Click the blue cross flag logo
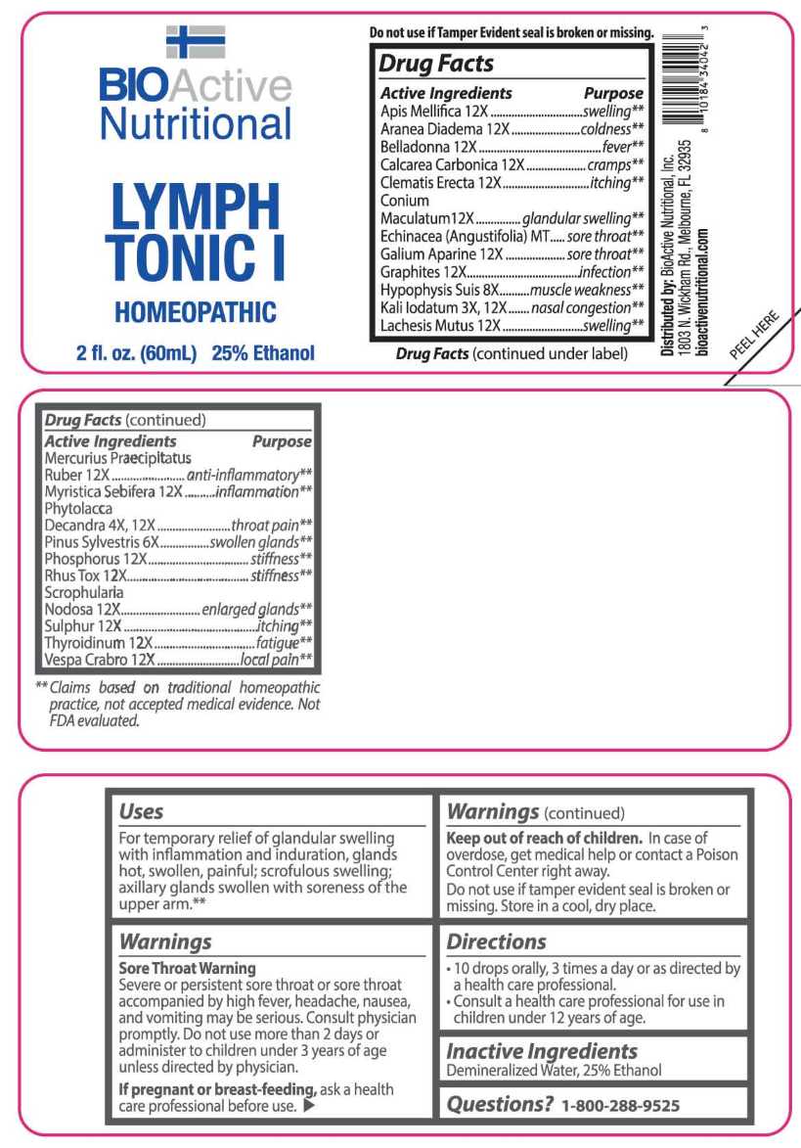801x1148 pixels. [x=196, y=42]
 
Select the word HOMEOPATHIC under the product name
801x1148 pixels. [x=196, y=312]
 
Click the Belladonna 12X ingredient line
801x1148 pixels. [x=428, y=146]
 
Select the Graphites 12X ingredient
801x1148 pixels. [x=423, y=271]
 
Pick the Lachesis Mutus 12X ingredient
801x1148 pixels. [x=440, y=325]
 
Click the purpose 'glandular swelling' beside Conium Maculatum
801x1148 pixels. [x=583, y=217]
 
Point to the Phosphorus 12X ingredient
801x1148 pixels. [x=96, y=558]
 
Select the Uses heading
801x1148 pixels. [x=141, y=811]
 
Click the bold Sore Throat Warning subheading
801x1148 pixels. [x=187, y=968]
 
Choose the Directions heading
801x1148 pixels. [x=496, y=941]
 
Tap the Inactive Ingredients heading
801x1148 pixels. [x=542, y=1051]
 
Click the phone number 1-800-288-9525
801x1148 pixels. [x=620, y=1105]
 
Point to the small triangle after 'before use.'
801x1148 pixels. [x=309, y=1106]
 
